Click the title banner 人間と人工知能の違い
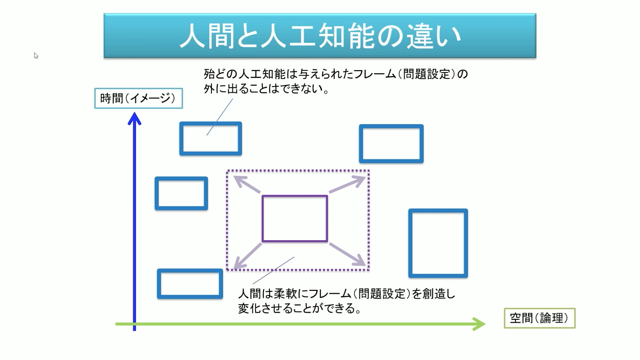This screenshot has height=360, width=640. [320, 36]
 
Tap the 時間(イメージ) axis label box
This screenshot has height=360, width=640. [138, 98]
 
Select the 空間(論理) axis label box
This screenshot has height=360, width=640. [539, 318]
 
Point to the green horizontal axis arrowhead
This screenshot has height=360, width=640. [480, 324]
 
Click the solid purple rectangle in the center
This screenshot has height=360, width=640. [295, 218]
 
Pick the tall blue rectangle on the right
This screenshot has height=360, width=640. [438, 243]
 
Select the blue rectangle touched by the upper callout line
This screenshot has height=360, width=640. [210, 139]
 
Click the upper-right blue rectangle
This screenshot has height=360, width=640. [391, 144]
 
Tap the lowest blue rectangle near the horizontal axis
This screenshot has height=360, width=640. [190, 284]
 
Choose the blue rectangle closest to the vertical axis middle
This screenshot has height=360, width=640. [181, 193]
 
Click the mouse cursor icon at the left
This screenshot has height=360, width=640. [36, 56]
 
